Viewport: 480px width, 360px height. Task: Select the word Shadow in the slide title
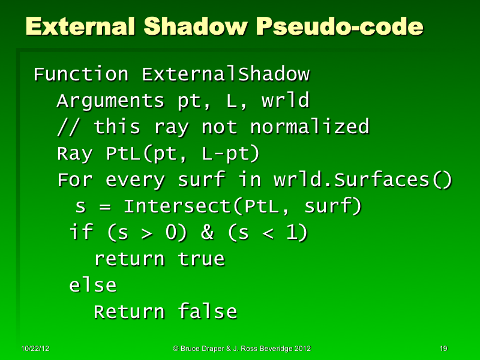tap(201, 27)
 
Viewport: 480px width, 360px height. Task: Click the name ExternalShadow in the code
tap(226, 75)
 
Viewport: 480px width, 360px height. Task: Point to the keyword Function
tap(81, 75)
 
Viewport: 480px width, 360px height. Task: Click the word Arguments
tap(110, 101)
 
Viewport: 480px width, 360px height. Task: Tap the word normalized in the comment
tap(309, 127)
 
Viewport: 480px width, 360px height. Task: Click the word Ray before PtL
tap(74, 154)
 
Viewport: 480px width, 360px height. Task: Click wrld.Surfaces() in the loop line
tap(362, 180)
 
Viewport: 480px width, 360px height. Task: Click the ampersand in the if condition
tap(208, 233)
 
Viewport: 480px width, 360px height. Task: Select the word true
tap(201, 259)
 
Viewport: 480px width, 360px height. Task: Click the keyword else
tap(93, 286)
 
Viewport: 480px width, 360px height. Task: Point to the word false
tap(207, 312)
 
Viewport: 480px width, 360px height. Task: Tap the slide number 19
tap(444, 349)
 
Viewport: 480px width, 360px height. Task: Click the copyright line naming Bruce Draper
tap(242, 349)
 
